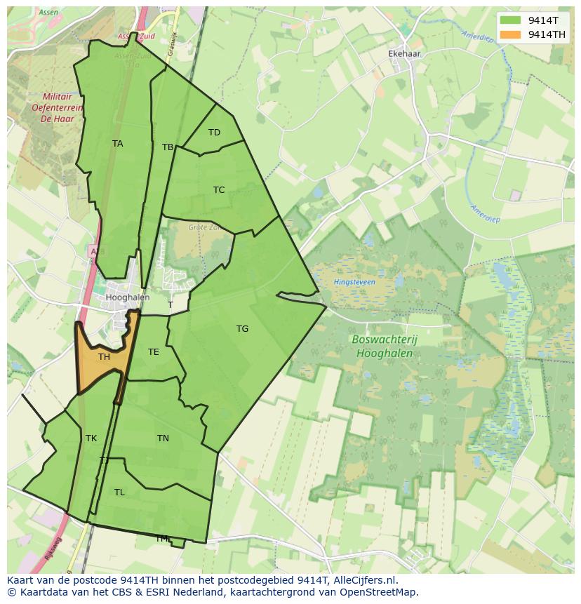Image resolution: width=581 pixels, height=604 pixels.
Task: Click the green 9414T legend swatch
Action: [511, 20]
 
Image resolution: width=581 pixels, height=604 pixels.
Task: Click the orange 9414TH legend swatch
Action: [511, 34]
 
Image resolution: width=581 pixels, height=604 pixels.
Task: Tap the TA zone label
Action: [117, 144]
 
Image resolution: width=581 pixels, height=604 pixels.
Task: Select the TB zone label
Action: [168, 147]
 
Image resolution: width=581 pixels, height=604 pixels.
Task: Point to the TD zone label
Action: [214, 133]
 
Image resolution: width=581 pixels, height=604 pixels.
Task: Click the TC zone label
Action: [219, 190]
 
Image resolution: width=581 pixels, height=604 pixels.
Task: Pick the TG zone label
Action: [242, 329]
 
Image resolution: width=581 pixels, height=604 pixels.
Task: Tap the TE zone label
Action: [153, 352]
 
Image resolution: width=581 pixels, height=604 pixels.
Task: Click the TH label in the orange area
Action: [104, 357]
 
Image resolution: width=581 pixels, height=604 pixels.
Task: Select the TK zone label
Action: [91, 438]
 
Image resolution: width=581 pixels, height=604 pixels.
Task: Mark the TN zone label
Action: [163, 438]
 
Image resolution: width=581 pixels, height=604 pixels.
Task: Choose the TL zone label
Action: [119, 492]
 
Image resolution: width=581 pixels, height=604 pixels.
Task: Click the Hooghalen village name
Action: [127, 297]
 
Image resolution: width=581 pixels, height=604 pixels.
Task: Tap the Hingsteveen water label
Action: [354, 283]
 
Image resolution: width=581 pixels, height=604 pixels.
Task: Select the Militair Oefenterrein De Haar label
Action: [58, 108]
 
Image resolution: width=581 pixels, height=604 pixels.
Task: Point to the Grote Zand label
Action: [203, 227]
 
